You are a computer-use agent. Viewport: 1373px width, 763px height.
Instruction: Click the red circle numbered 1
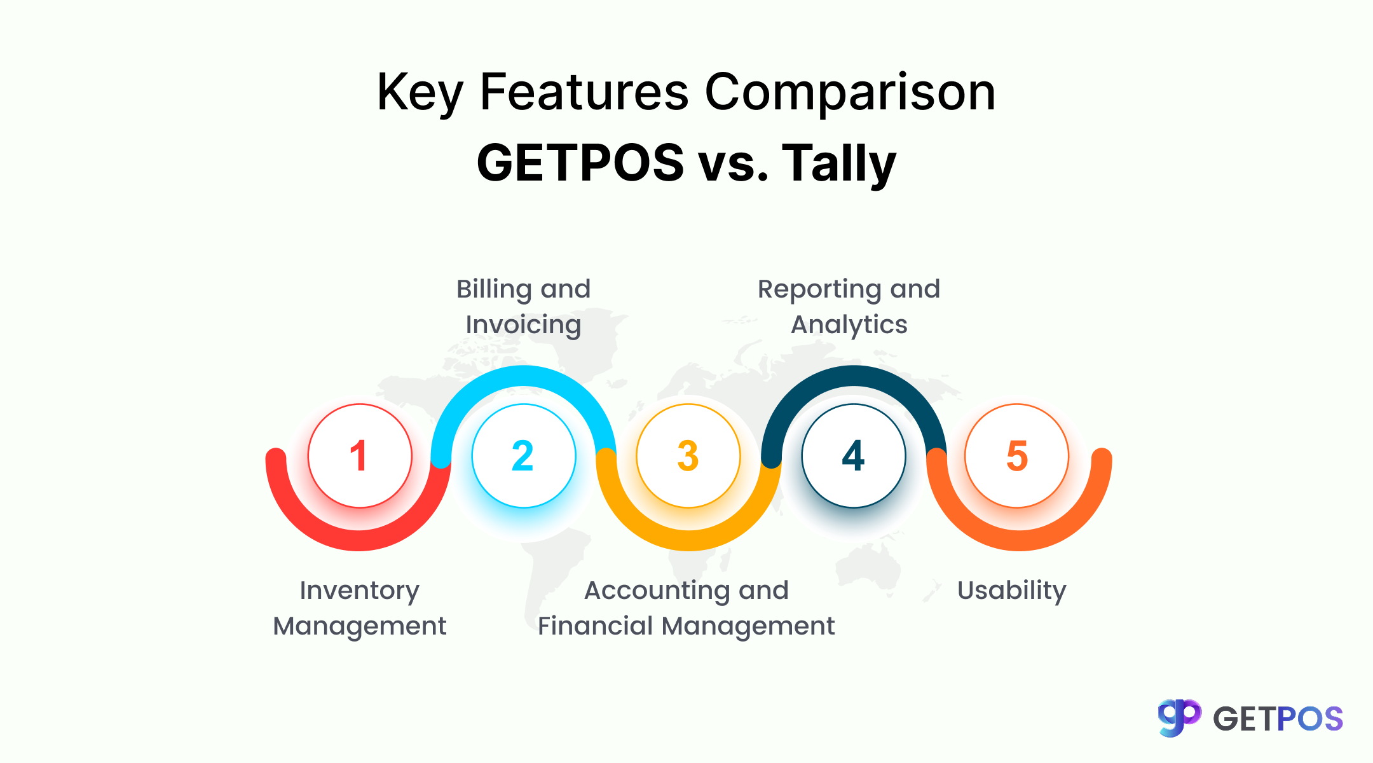pos(360,456)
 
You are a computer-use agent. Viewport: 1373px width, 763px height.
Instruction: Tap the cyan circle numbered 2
pos(524,456)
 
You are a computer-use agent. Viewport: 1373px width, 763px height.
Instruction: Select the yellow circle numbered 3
pos(688,456)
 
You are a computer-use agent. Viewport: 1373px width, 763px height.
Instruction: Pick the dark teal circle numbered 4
pos(854,456)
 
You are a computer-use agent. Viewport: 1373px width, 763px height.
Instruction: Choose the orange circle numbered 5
pos(1017,456)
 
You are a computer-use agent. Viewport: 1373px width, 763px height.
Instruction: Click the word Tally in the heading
pos(838,163)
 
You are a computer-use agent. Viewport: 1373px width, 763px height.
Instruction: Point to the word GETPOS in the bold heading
pos(580,163)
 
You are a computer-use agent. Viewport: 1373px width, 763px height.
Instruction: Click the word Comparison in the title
pos(850,92)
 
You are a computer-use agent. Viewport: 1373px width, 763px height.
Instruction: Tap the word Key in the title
pos(420,92)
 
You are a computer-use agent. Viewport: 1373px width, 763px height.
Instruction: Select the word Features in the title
pos(584,92)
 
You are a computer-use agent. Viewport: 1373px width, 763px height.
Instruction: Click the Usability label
pos(1011,591)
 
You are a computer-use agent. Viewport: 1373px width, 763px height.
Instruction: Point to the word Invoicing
pos(523,325)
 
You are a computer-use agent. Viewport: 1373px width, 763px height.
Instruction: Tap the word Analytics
pos(849,325)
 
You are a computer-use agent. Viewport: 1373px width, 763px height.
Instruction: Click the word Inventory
pos(359,591)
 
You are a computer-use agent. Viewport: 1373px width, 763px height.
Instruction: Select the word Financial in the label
pos(595,626)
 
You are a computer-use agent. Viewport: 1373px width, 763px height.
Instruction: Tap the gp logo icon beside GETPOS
pos(1179,718)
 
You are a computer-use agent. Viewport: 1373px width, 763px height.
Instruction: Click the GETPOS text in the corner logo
pos(1278,719)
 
